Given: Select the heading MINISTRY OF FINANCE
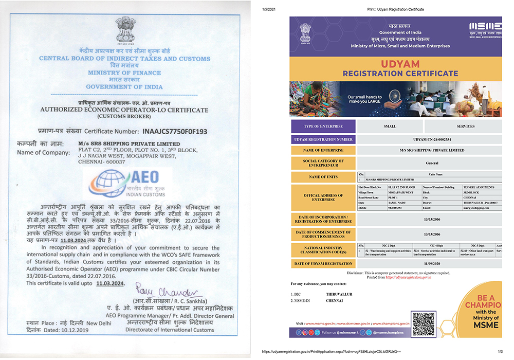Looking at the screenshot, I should click(x=124, y=73).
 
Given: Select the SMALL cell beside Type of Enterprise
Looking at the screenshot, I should click(x=390, y=126).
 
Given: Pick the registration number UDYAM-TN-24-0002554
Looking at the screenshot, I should click(x=428, y=139).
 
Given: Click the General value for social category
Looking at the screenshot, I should click(x=428, y=164).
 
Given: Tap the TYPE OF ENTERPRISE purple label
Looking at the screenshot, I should click(x=323, y=126).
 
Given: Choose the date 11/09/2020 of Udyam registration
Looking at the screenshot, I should click(x=428, y=263).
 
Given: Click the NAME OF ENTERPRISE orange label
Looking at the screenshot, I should click(x=323, y=150).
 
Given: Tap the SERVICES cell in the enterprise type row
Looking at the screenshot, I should click(x=466, y=126).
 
